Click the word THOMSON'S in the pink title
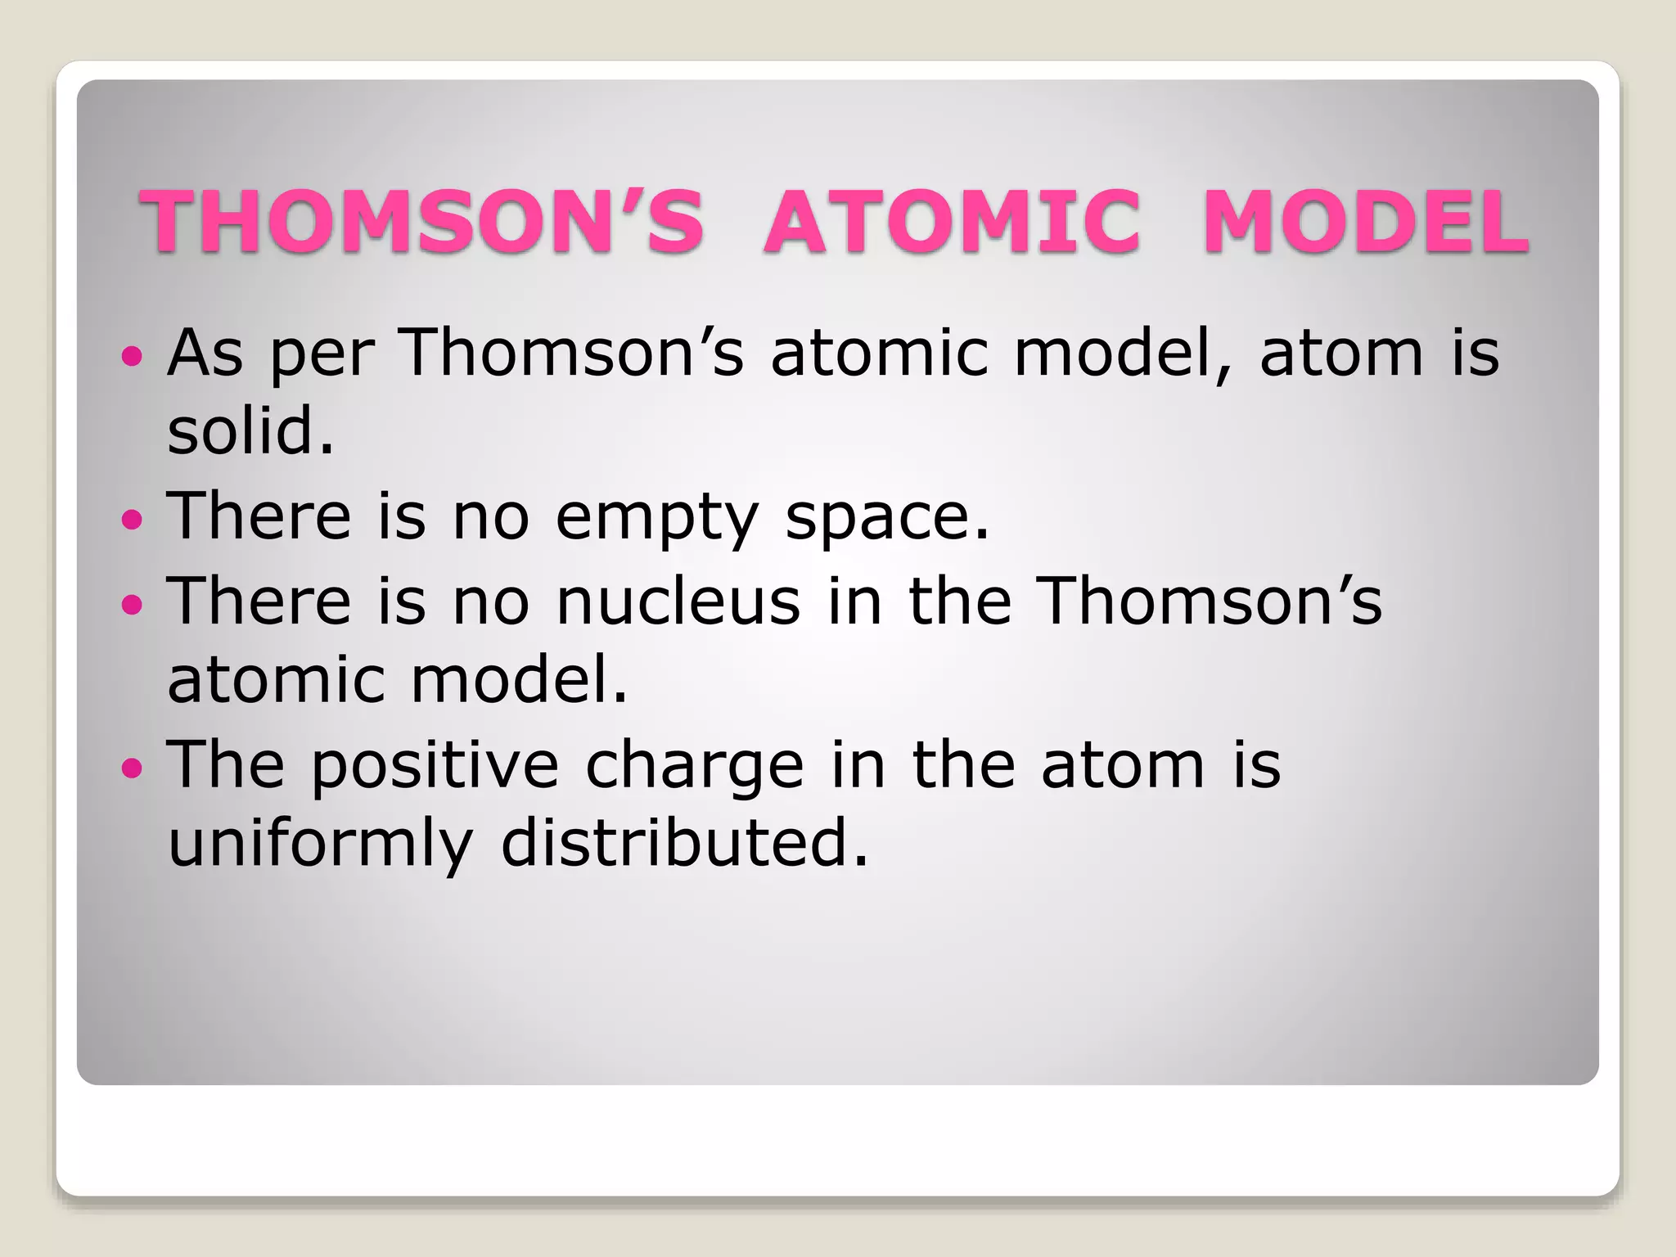point(422,221)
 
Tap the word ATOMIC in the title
point(952,221)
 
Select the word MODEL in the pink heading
point(1365,221)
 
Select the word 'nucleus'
point(678,601)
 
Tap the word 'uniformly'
point(320,845)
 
